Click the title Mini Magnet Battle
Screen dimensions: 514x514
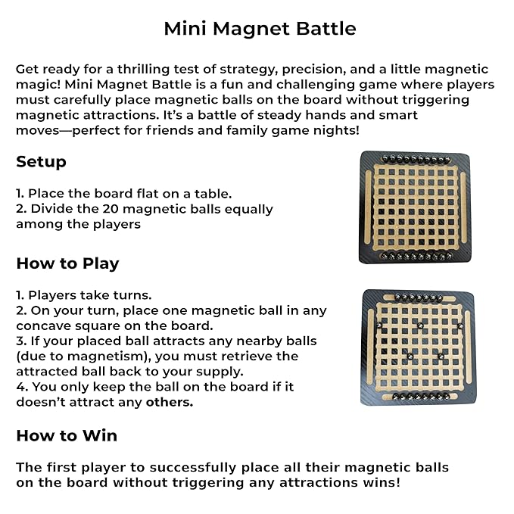[260, 29]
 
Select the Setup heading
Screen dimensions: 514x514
[41, 162]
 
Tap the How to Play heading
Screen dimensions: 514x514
[67, 263]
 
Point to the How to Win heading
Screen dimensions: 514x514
[67, 435]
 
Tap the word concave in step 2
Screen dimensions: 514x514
[45, 326]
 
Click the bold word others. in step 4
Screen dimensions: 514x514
[170, 402]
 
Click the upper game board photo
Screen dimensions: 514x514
[413, 207]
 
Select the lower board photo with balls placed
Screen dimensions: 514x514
[413, 346]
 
